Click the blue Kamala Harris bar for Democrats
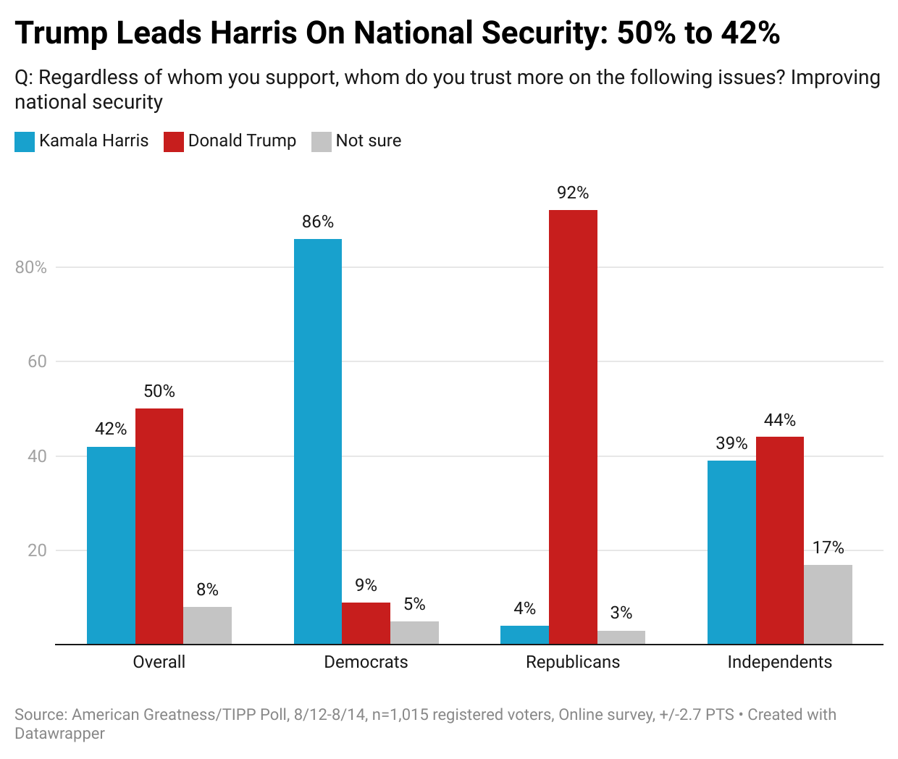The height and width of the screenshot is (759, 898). (318, 441)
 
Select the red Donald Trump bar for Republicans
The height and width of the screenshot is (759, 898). (573, 427)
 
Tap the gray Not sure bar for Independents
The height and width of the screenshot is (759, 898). (828, 604)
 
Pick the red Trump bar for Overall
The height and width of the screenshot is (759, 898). (159, 526)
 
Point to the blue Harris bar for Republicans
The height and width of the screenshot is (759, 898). (524, 634)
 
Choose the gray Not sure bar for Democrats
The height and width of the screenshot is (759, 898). (414, 632)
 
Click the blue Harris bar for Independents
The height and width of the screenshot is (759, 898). (731, 552)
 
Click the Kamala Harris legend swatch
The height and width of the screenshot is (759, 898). (25, 141)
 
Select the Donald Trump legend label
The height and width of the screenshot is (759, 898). (242, 141)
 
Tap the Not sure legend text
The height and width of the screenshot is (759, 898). (368, 141)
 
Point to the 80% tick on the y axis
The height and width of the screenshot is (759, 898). (31, 267)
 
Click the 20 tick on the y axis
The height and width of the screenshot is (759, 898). (37, 550)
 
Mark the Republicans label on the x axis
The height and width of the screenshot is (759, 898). (573, 662)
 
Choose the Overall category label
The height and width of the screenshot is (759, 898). (159, 662)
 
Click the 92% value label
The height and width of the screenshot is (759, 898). (573, 193)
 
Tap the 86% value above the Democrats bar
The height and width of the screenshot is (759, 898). (318, 222)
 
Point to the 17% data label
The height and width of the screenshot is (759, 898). (828, 548)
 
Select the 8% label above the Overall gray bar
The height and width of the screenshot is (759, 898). (207, 590)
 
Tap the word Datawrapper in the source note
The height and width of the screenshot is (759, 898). (59, 734)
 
